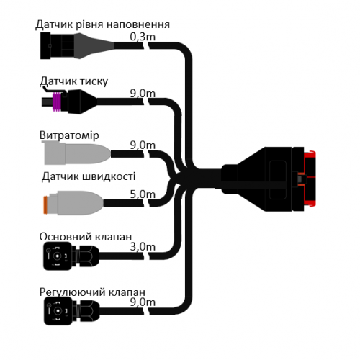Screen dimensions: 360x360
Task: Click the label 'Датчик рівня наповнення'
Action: [103, 24]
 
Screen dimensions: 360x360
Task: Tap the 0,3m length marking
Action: [143, 37]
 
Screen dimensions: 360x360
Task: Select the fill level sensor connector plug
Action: [77, 45]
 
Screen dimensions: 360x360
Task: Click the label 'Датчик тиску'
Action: [74, 81]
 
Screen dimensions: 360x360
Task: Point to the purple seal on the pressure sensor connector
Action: [57, 102]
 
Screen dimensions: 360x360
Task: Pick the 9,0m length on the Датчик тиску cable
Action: [143, 94]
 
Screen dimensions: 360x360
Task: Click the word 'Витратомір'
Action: [69, 135]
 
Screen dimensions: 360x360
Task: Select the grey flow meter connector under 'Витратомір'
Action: [76, 153]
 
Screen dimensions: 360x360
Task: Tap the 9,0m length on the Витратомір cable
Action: [143, 145]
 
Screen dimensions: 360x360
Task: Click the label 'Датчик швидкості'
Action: [89, 176]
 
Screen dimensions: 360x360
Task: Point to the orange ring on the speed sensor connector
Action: [45, 204]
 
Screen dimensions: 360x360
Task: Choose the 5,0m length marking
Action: [143, 194]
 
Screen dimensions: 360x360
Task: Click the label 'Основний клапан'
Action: [86, 237]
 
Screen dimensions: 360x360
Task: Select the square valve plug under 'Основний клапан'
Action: [58, 256]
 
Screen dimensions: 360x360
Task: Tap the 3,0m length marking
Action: [143, 247]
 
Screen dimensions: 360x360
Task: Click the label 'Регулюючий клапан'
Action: [92, 292]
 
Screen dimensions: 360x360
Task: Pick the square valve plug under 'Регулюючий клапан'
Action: [58, 311]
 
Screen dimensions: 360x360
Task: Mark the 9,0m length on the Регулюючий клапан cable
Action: [143, 302]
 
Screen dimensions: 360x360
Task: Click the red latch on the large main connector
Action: [310, 179]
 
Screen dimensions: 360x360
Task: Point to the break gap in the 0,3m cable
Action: [146, 45]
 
